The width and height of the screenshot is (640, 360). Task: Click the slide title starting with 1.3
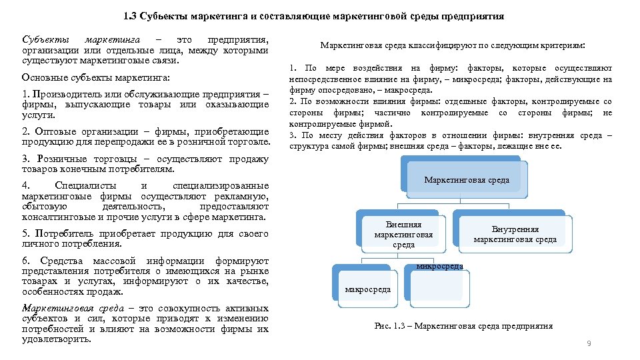(x=313, y=16)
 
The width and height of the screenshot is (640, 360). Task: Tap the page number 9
(x=589, y=343)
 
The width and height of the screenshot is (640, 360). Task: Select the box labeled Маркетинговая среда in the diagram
(x=467, y=180)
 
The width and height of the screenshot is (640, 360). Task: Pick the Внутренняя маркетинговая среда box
(x=515, y=235)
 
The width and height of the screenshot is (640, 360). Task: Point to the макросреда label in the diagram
(x=367, y=290)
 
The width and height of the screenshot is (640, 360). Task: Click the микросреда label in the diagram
(x=439, y=267)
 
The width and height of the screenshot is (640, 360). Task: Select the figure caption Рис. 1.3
(x=463, y=326)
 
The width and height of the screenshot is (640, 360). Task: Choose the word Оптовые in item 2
(x=53, y=133)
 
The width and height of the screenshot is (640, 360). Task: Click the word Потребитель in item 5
(x=66, y=234)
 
